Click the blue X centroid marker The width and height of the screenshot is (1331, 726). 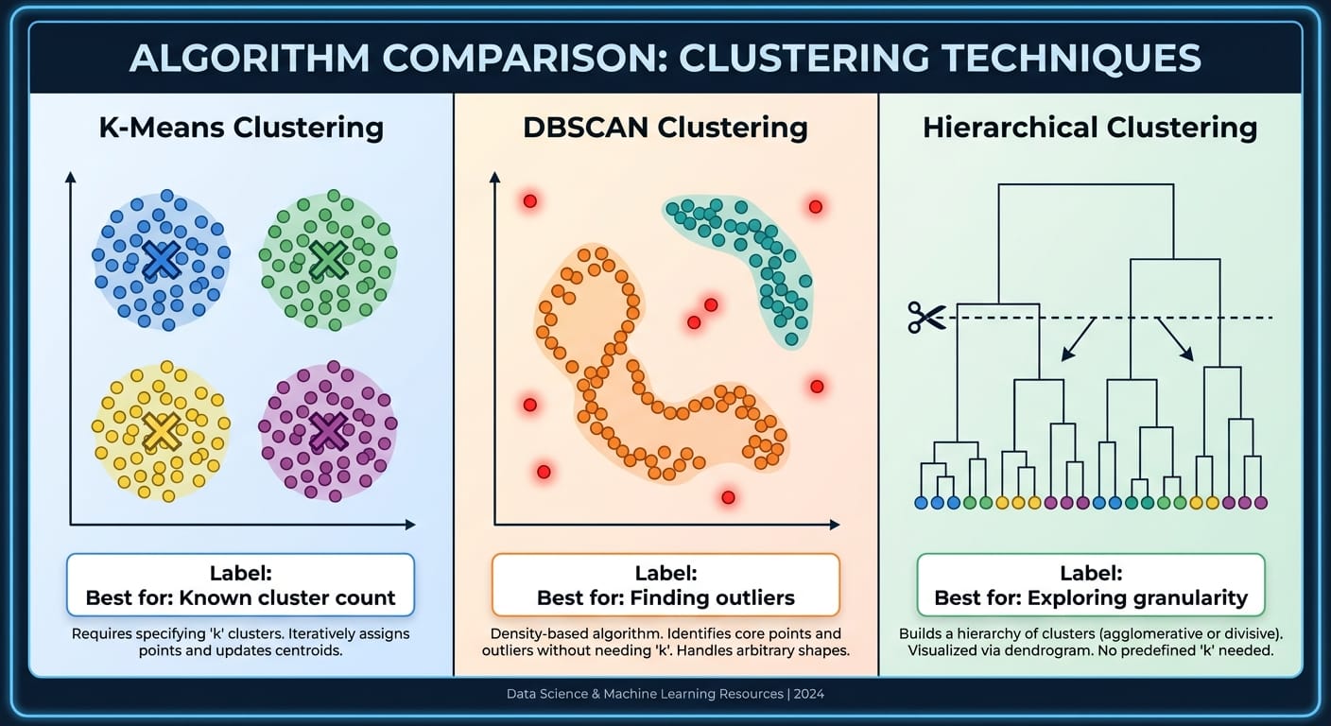[x=162, y=260]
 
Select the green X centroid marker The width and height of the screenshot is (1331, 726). [x=328, y=259]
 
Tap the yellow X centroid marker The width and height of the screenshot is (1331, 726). [x=162, y=431]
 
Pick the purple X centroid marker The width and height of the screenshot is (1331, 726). [x=328, y=431]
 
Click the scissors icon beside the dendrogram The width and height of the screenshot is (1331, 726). [x=926, y=317]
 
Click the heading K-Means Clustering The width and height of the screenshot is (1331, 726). [x=241, y=128]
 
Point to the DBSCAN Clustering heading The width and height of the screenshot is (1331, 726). [x=665, y=128]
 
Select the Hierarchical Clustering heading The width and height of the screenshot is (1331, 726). [x=1090, y=128]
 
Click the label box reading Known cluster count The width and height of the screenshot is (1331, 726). [x=240, y=585]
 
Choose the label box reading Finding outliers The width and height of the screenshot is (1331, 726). [x=665, y=585]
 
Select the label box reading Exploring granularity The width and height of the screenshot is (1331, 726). [x=1091, y=585]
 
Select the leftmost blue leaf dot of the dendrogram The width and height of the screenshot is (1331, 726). [x=922, y=503]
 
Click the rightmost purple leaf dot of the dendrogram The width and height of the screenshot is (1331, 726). [x=1260, y=503]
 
